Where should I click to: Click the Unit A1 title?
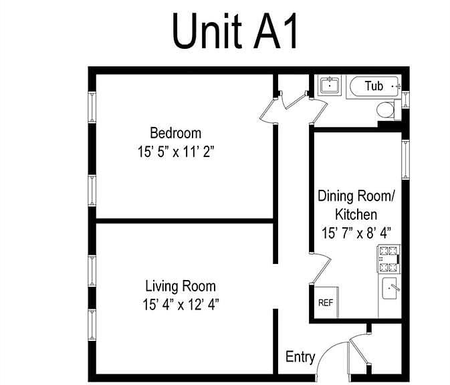(x=235, y=31)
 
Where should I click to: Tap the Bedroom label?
(x=175, y=133)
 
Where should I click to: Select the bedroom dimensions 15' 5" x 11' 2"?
(x=176, y=152)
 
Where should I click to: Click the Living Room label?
(x=181, y=286)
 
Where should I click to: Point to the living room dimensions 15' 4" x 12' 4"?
(x=181, y=304)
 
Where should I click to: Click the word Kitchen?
(x=356, y=215)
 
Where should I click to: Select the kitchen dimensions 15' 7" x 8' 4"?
(x=356, y=233)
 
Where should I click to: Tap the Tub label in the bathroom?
(x=374, y=86)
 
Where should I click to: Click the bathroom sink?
(x=330, y=85)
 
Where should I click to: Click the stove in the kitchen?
(x=388, y=259)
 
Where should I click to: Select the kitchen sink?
(x=390, y=288)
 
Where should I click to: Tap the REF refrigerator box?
(x=326, y=302)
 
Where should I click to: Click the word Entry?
(x=300, y=357)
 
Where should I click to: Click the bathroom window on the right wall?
(x=405, y=100)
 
